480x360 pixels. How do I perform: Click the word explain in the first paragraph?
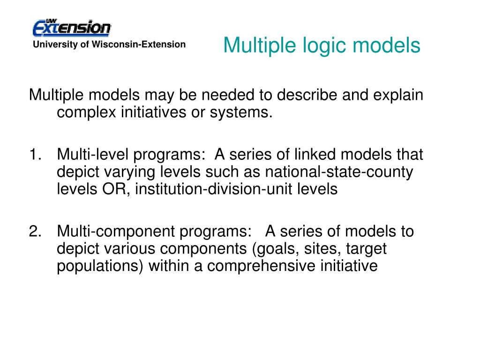(398, 95)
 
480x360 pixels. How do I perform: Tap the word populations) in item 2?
(100, 266)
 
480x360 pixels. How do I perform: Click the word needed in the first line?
(228, 95)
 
